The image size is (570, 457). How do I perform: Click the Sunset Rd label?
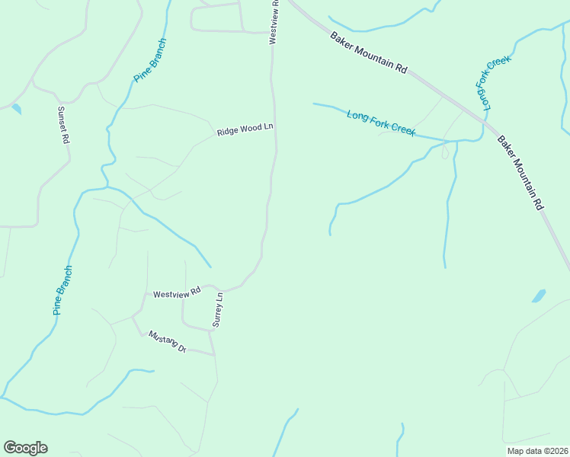tap(64, 125)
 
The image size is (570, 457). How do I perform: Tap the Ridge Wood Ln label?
tap(245, 130)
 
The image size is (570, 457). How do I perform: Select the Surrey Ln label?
tap(217, 309)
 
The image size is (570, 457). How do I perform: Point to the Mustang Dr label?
tap(168, 342)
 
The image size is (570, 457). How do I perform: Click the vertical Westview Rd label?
tap(274, 22)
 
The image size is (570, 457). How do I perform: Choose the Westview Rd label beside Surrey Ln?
tap(176, 292)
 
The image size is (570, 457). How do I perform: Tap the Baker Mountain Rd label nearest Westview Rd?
tap(369, 53)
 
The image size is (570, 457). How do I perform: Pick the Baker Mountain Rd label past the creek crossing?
tap(521, 173)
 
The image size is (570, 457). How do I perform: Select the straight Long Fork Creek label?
tap(381, 123)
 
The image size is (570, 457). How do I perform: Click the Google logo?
tap(25, 448)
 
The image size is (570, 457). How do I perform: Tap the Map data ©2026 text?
tap(537, 451)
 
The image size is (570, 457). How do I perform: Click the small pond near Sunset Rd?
tap(17, 109)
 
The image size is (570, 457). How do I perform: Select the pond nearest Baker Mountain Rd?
tap(539, 296)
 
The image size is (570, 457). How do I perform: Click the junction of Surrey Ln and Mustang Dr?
tap(213, 354)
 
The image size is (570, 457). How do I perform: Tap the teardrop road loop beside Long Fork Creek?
tap(445, 152)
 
